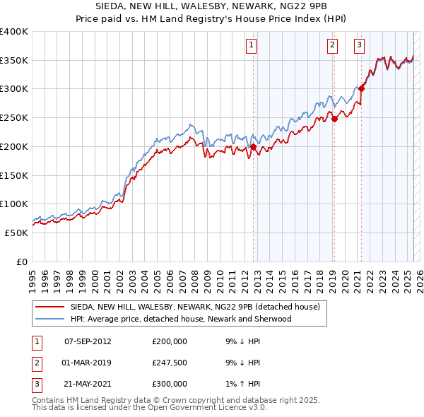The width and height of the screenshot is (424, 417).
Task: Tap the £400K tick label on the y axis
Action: pos(14,32)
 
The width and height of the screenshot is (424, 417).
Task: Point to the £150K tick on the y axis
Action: pos(14,175)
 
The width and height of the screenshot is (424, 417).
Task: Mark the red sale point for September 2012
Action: pos(253,147)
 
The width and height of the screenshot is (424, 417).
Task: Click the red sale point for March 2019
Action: pos(334,119)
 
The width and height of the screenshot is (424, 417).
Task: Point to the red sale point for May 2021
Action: pos(362,88)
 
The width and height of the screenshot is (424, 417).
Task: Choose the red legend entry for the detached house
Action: pos(195,307)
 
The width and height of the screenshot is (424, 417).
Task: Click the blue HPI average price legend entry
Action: pos(180,319)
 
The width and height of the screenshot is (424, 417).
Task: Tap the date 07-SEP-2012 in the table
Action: pos(88,341)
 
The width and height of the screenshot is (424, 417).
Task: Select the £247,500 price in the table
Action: pos(170,363)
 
